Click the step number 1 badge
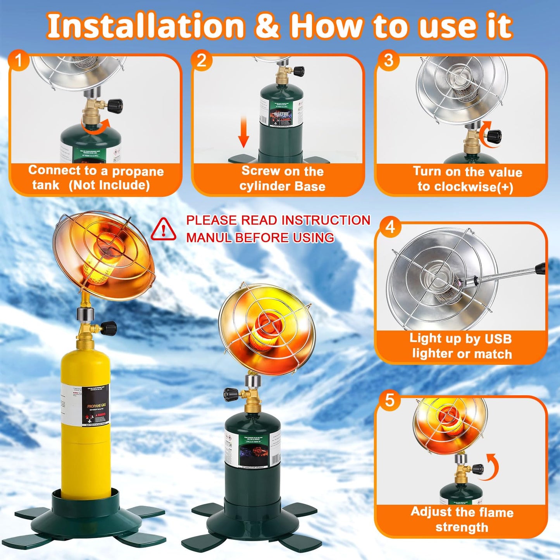point(18,60)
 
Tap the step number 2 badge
point(202,60)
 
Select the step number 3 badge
point(388,60)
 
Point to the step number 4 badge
point(390,227)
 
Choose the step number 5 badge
point(390,400)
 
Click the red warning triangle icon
point(163,229)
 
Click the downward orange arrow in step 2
point(243,132)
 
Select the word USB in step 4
point(498,339)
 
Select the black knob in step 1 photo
point(115,105)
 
